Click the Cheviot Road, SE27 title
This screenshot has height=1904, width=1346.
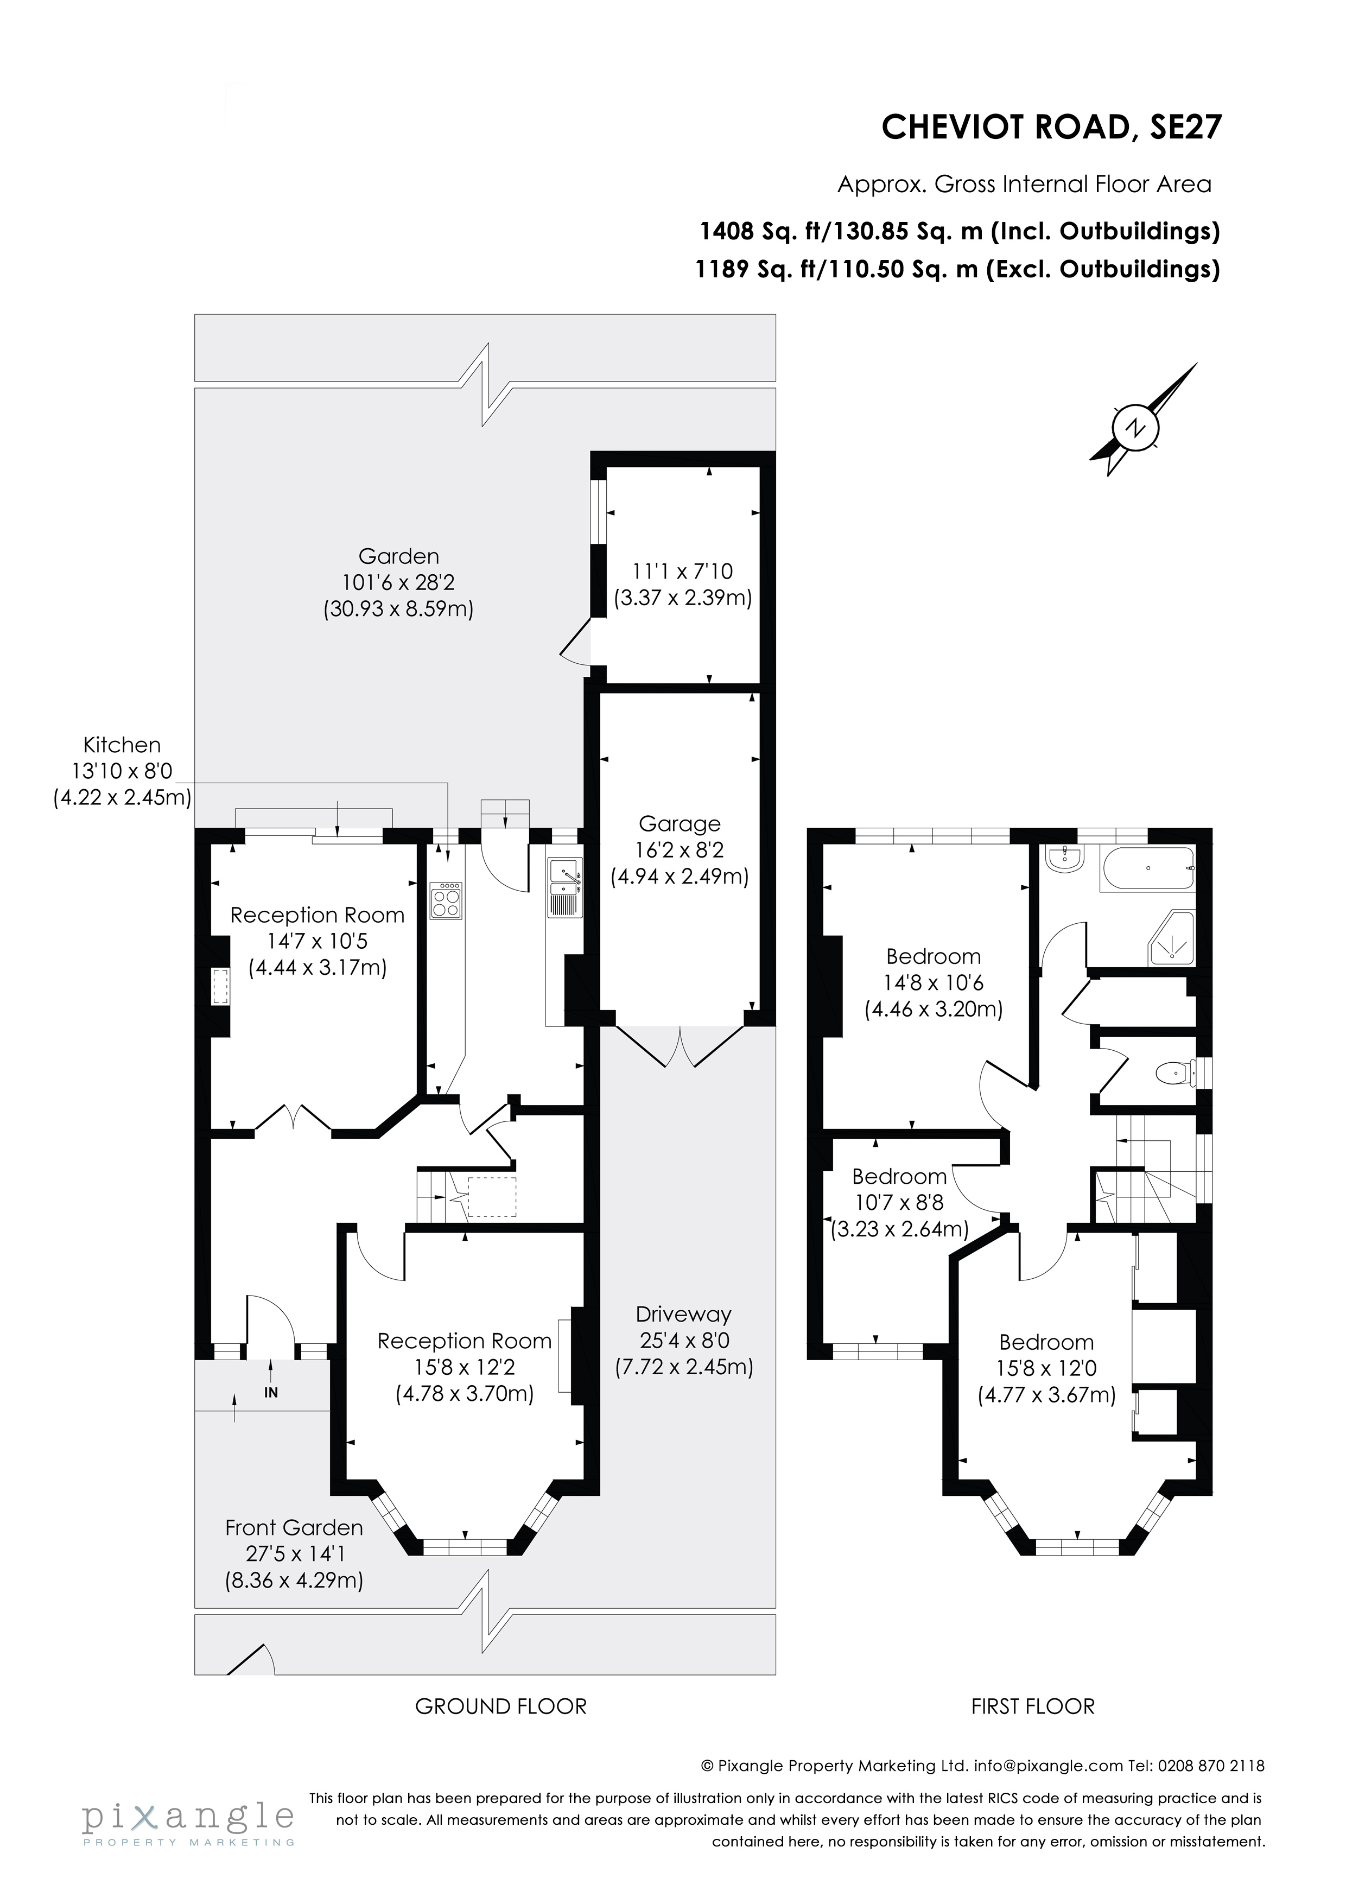pos(1051,128)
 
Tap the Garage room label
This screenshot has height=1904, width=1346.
pos(679,823)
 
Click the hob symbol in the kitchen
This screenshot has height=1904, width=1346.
pos(446,900)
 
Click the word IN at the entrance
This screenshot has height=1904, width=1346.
pos(271,1393)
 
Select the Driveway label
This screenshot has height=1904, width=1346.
pos(683,1315)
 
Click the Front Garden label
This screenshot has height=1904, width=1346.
pos(294,1527)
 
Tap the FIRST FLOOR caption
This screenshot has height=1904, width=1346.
pos(1032,1706)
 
